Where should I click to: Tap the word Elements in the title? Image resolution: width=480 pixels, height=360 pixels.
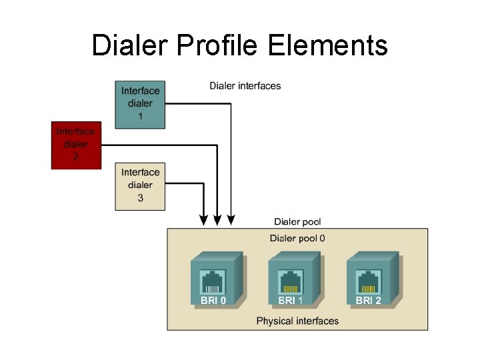(328, 45)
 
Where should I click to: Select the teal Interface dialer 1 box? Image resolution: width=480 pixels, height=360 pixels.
(140, 103)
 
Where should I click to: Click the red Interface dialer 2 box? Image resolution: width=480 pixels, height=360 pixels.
(75, 144)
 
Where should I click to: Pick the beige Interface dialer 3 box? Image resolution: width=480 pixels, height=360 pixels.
(140, 185)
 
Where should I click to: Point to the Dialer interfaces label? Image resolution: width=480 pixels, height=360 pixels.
(245, 85)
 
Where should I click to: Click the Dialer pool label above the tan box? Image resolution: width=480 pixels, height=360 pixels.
(297, 221)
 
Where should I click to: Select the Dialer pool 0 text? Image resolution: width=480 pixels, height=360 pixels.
(297, 238)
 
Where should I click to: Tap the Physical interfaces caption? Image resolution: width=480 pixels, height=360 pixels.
(297, 321)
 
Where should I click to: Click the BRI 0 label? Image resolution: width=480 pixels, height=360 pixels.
(213, 301)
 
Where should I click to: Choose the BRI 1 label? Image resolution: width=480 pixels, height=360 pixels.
(291, 301)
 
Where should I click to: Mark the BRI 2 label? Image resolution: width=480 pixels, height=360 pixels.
(369, 301)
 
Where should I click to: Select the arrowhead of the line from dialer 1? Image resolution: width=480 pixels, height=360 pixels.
(231, 219)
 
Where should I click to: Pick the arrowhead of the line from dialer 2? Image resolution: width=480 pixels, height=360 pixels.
(217, 219)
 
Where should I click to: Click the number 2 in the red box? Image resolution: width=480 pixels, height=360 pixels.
(75, 158)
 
